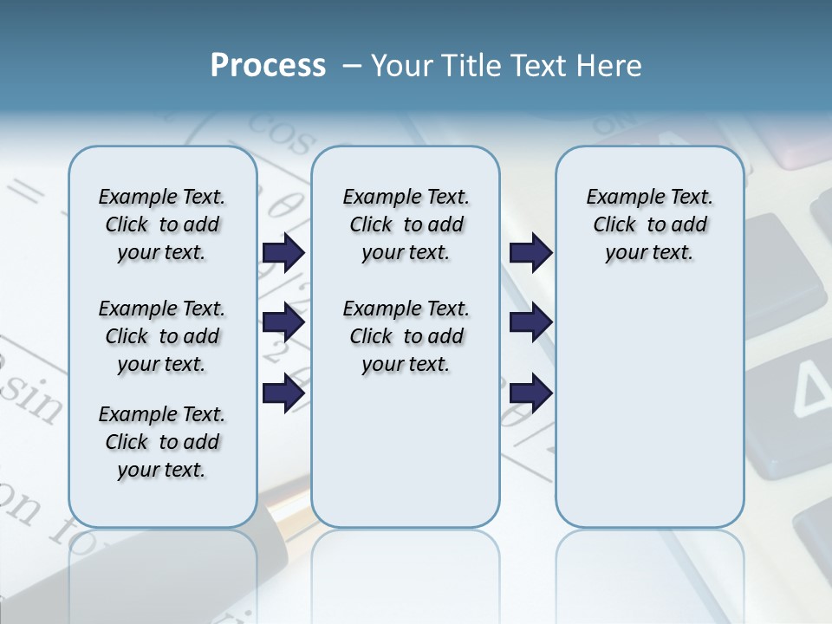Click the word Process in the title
[x=268, y=66]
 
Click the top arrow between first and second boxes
[x=283, y=252]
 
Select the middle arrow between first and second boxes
[x=283, y=323]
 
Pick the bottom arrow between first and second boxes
[x=283, y=393]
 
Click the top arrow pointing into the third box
[x=530, y=252]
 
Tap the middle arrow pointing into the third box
[x=530, y=323]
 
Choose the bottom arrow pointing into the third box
[x=530, y=393]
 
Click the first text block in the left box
[x=162, y=224]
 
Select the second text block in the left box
[x=162, y=336]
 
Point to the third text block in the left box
[x=162, y=442]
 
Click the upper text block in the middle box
[x=406, y=224]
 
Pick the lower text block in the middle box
[x=406, y=336]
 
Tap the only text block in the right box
[x=649, y=224]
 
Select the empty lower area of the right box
[x=649, y=416]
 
